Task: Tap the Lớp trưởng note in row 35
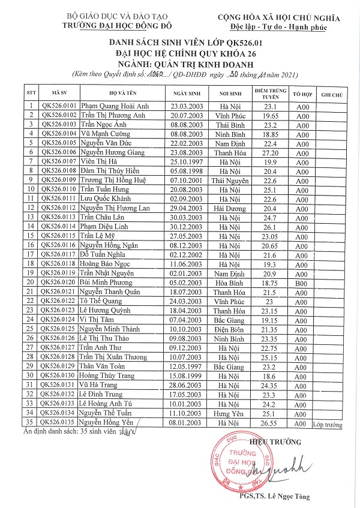point(327,425)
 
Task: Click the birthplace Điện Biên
point(225,329)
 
